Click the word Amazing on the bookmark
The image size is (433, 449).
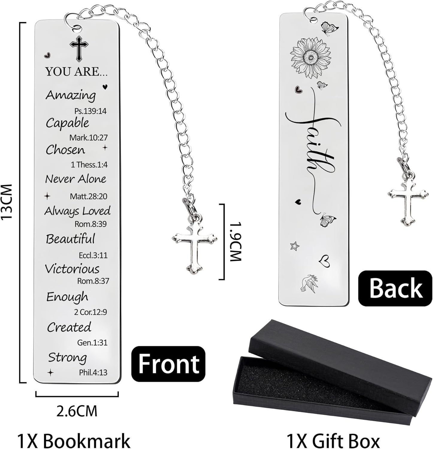click(x=70, y=95)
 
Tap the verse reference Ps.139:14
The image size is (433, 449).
click(x=90, y=111)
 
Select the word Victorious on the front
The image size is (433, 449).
click(x=72, y=269)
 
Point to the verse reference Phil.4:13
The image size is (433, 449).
click(x=93, y=373)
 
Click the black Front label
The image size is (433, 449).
click(x=169, y=364)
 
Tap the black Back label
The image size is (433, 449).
click(x=395, y=288)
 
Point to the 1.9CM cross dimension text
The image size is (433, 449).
click(x=235, y=242)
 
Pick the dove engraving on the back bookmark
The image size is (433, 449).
click(x=308, y=283)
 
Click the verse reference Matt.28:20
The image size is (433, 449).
click(x=88, y=196)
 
